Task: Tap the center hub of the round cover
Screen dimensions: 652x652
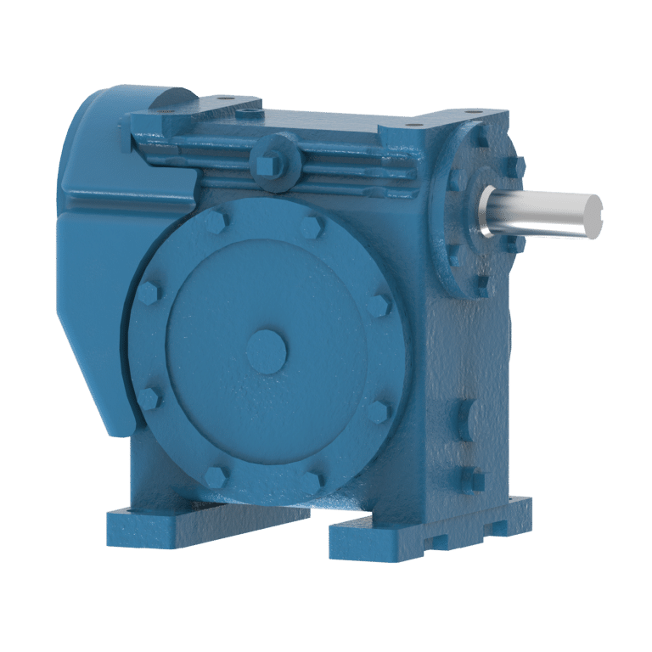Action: pos(267,348)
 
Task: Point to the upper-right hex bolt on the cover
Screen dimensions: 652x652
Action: pos(379,303)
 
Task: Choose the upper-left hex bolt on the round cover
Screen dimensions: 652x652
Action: pos(149,294)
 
